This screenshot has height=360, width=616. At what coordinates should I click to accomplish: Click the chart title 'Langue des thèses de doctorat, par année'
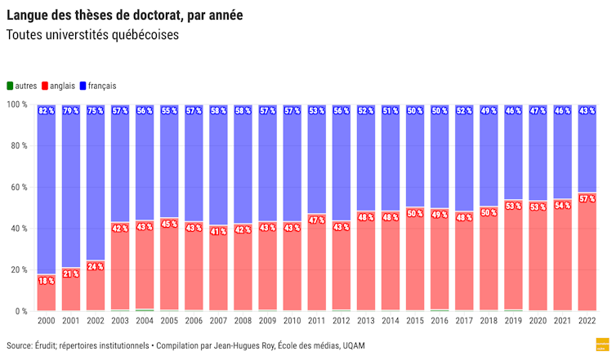pyautogui.click(x=124, y=16)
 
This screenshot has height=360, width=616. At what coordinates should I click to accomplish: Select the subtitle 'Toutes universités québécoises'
pyautogui.click(x=92, y=36)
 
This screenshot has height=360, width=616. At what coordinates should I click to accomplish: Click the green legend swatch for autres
pyautogui.click(x=10, y=85)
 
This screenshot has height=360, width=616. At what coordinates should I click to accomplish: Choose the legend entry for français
pyautogui.click(x=101, y=85)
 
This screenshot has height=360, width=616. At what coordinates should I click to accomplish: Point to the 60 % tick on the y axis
pyautogui.click(x=18, y=188)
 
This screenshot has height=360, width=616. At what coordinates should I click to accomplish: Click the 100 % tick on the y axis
pyautogui.click(x=16, y=104)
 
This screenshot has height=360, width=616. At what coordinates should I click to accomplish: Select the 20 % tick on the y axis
pyautogui.click(x=18, y=270)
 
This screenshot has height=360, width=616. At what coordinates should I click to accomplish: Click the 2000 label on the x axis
pyautogui.click(x=47, y=323)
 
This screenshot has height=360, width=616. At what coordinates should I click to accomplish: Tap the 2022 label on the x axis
pyautogui.click(x=586, y=323)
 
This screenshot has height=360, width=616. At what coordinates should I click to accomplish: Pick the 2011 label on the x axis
pyautogui.click(x=316, y=323)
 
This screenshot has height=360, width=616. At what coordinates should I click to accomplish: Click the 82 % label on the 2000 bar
pyautogui.click(x=47, y=111)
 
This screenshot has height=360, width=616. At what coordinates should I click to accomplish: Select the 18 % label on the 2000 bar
pyautogui.click(x=47, y=281)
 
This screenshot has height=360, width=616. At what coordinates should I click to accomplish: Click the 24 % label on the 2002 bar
pyautogui.click(x=96, y=267)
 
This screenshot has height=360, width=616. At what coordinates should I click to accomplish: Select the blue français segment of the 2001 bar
pyautogui.click(x=71, y=188)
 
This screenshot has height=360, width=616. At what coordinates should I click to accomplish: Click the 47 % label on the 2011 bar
pyautogui.click(x=316, y=220)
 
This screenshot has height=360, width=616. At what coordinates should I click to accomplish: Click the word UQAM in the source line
pyautogui.click(x=353, y=346)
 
